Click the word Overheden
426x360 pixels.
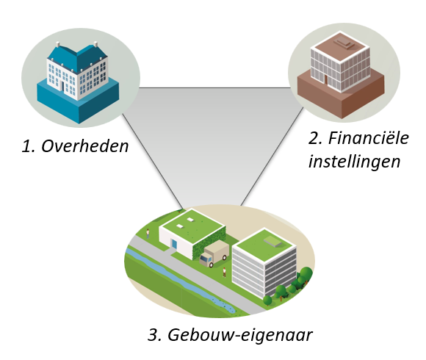pyautogui.click(x=85, y=146)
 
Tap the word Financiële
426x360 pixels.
pyautogui.click(x=369, y=137)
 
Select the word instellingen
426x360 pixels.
pyautogui.click(x=354, y=162)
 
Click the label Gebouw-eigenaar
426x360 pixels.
pyautogui.click(x=240, y=335)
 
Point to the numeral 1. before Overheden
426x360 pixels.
pyautogui.click(x=28, y=146)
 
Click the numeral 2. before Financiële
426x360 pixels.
pyautogui.click(x=315, y=138)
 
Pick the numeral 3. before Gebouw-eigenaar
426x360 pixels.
pyautogui.click(x=154, y=335)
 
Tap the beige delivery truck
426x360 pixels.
pyautogui.click(x=214, y=253)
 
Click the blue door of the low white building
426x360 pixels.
pyautogui.click(x=174, y=244)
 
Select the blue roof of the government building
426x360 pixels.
pyautogui.click(x=77, y=57)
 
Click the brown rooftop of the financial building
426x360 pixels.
pyautogui.click(x=340, y=47)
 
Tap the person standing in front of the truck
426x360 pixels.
pyautogui.click(x=224, y=273)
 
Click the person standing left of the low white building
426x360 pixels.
pyautogui.click(x=148, y=234)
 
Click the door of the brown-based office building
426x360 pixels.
pyautogui.click(x=326, y=79)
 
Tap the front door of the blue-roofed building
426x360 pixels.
pyautogui.click(x=62, y=87)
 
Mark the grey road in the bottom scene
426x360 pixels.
pyautogui.click(x=195, y=275)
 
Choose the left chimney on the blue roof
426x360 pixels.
pyautogui.click(x=57, y=44)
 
